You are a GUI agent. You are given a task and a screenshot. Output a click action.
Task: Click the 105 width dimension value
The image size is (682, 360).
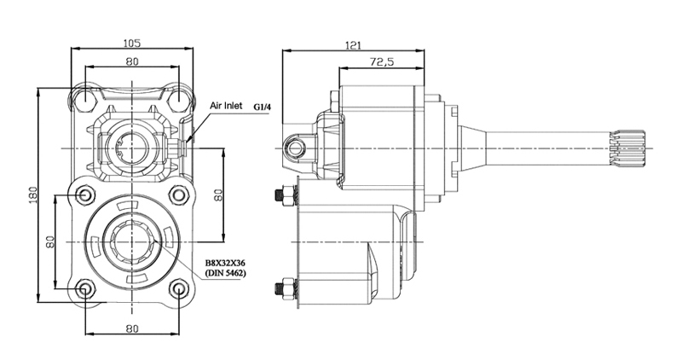pos(132,43)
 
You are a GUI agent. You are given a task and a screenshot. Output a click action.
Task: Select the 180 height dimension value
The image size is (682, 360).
pos(33,195)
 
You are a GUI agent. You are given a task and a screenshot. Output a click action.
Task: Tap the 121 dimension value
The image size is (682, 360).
pos(353,45)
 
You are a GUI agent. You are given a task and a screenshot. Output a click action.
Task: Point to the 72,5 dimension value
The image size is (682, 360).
pos(381,61)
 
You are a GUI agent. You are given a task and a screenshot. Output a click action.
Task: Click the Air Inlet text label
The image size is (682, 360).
pos(226,106)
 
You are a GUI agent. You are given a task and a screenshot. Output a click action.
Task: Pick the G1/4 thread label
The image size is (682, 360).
pos(262,107)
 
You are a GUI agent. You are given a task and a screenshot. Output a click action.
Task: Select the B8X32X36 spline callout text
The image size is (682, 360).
pos(225,264)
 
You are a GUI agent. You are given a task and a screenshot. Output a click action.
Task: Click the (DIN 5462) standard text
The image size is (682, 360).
pos(225,273)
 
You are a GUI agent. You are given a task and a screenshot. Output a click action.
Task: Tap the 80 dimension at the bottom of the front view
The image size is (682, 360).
pos(132,328)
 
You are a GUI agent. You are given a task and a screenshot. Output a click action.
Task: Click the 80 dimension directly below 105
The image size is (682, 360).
pos(132,61)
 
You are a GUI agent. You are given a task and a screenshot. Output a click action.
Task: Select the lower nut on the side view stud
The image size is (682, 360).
pos(286,288)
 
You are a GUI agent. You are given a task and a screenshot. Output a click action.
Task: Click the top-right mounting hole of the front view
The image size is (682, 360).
pos(179,101)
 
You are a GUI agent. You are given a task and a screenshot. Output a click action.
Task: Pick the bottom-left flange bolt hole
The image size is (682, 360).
pos(85,289)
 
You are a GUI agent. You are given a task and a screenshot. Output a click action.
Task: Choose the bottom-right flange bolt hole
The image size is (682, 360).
pos(179,289)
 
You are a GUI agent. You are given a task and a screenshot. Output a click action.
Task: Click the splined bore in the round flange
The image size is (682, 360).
pos(132,241)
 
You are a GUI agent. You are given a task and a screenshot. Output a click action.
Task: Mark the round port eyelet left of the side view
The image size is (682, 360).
pos(295,148)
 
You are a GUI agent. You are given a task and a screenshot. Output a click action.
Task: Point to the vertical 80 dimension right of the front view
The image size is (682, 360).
pos(219,195)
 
